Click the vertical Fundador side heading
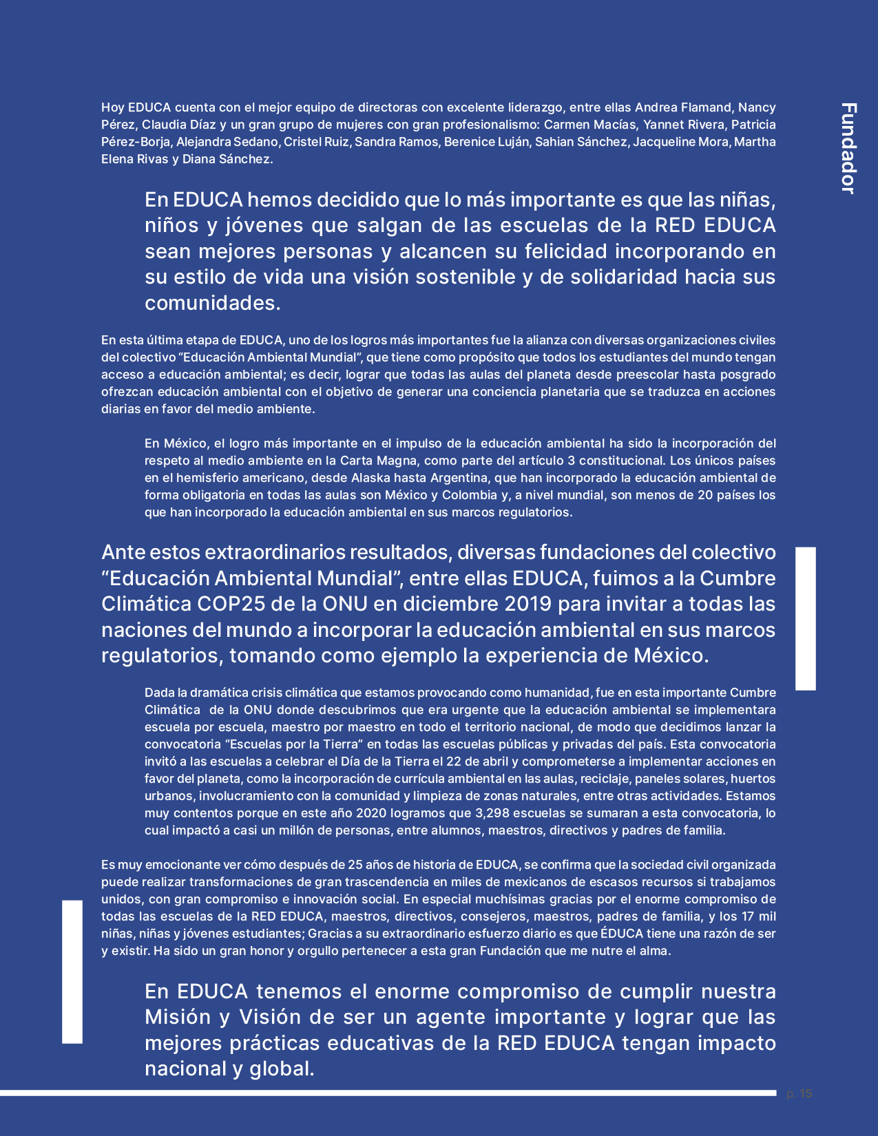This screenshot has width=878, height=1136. coord(848,148)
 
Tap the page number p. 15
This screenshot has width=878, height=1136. coord(799,1093)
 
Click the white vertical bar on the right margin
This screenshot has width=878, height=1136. coord(806,618)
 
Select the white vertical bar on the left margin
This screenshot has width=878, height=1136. coord(72,971)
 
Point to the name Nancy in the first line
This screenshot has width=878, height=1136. coord(757,107)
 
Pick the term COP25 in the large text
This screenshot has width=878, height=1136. coord(231,604)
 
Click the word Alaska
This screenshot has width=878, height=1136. coord(371,478)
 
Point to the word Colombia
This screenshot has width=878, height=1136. coord(469,495)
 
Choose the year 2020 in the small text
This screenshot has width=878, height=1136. coord(371,813)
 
